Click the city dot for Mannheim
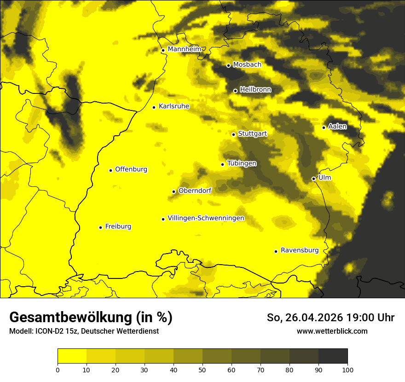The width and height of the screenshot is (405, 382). click(x=163, y=51)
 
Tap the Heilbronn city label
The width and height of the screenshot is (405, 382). click(x=255, y=90)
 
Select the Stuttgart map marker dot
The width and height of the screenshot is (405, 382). click(x=233, y=134)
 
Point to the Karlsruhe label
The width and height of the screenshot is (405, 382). click(x=174, y=106)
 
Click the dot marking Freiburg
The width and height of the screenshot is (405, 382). click(x=100, y=227)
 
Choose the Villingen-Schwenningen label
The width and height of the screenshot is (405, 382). click(x=206, y=218)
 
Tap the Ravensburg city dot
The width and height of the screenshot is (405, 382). click(x=276, y=251)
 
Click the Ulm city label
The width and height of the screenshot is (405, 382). click(x=324, y=178)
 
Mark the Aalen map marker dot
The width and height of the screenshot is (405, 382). click(x=324, y=127)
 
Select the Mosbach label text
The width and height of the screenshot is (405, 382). click(x=247, y=65)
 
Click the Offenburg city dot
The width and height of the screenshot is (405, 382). click(x=110, y=170)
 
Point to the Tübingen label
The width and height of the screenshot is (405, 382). click(x=242, y=163)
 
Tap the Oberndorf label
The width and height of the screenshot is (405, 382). click(x=195, y=191)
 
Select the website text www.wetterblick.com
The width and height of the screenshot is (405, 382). click(x=332, y=331)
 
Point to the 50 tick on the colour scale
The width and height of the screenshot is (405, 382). click(x=202, y=370)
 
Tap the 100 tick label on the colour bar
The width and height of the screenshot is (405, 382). click(x=347, y=370)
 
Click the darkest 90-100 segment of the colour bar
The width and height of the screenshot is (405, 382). click(x=333, y=356)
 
